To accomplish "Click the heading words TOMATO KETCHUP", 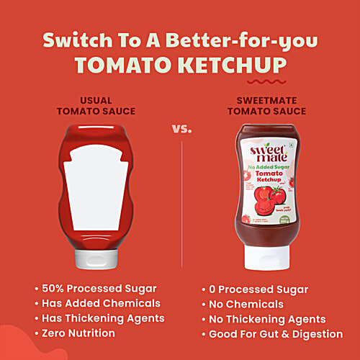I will click(180, 66).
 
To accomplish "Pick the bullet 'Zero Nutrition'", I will click(79, 333).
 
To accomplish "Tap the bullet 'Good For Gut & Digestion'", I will click(276, 334).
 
